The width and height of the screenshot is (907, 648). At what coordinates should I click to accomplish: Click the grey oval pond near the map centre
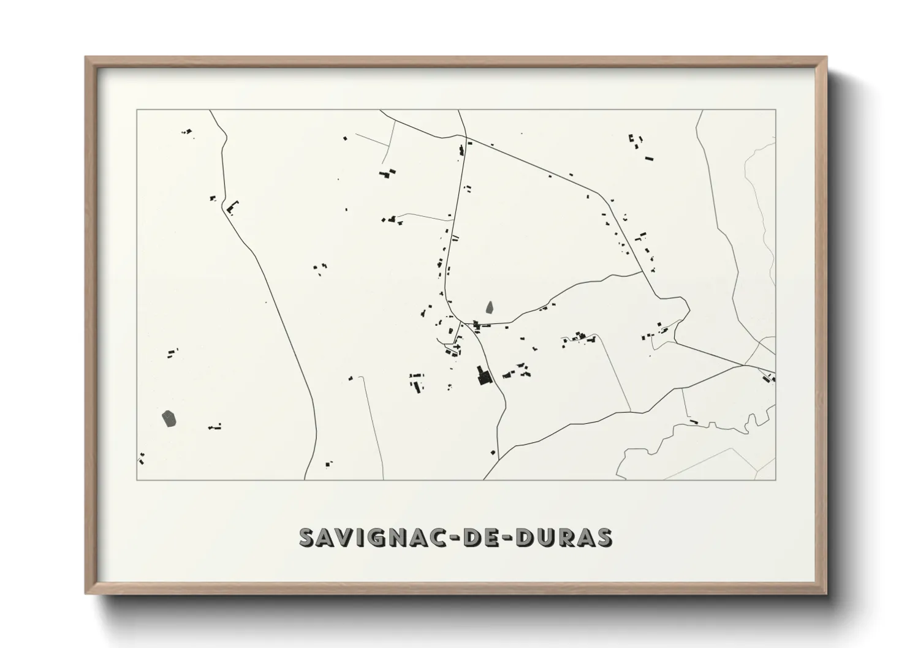489,306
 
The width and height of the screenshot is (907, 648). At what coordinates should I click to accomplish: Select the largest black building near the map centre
484,375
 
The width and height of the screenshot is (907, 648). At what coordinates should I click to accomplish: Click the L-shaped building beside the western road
232,208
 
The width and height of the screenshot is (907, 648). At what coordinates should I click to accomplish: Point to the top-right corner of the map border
775,110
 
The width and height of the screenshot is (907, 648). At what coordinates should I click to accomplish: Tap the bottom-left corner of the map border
137,480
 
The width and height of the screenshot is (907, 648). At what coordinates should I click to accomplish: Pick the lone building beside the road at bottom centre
493,452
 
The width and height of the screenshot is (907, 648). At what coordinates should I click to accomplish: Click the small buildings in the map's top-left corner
187,132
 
